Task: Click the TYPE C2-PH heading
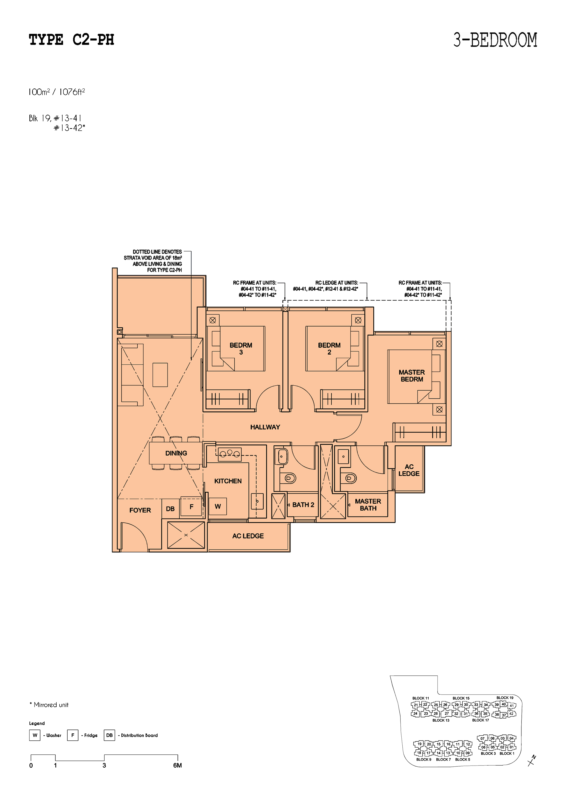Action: pos(71,40)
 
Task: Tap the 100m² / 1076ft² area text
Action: pos(57,92)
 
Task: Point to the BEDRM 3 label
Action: pos(241,348)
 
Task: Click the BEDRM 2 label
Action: pos(329,348)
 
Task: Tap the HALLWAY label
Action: pos(265,427)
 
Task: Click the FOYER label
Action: pos(140,510)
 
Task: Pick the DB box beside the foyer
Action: pos(170,509)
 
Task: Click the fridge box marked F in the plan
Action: pos(191,507)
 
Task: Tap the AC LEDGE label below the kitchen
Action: pos(248,536)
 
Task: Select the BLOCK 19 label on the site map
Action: pos(505,698)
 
